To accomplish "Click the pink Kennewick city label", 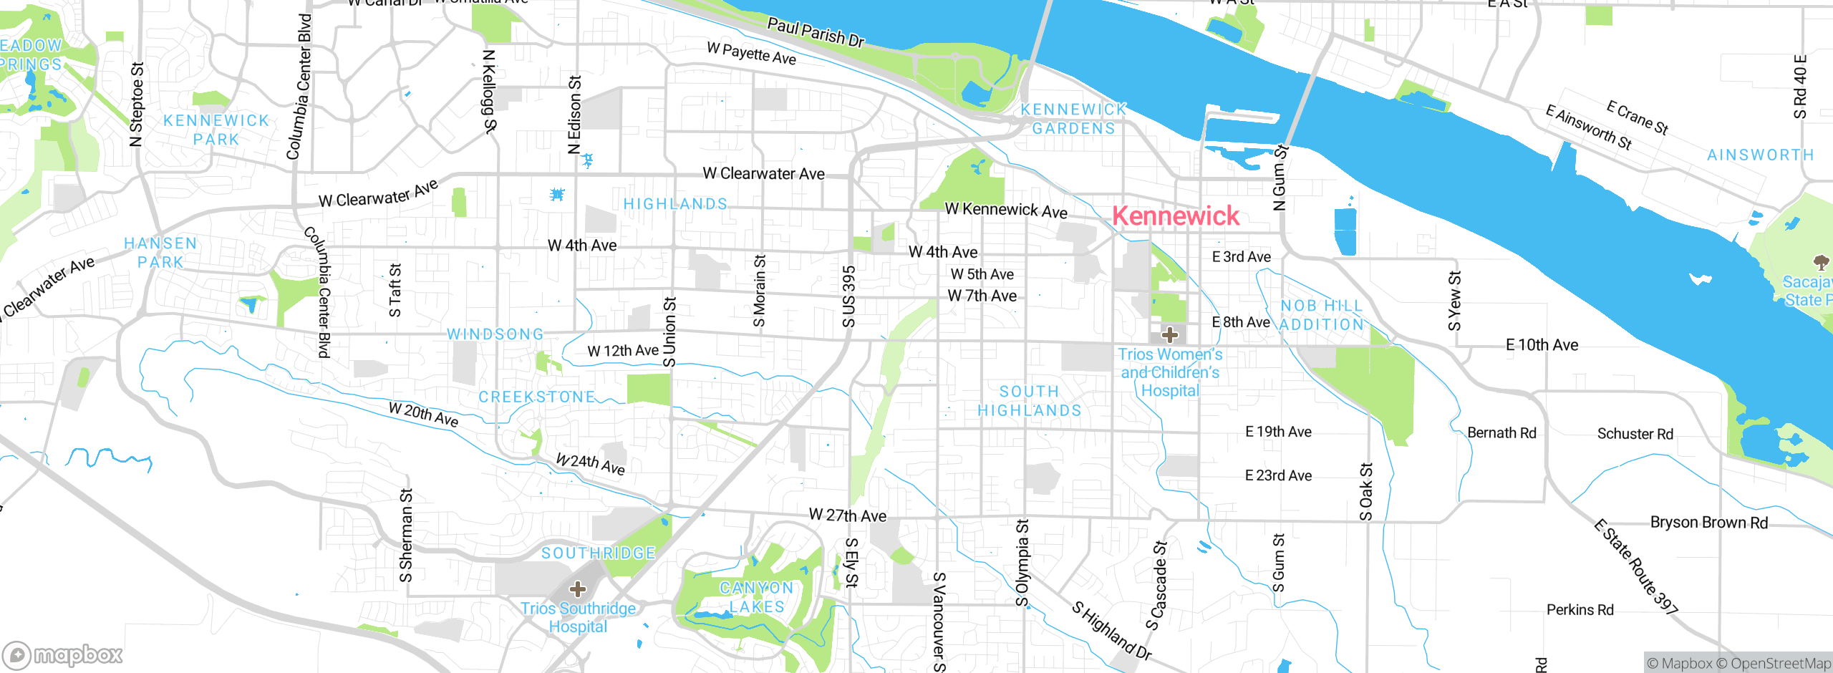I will [1175, 216].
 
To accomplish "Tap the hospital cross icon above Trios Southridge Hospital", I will [578, 589].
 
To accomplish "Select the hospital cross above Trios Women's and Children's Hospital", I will [1169, 334].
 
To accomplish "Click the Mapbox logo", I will [63, 654].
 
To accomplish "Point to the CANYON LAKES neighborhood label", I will [757, 597].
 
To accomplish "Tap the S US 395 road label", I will [848, 296].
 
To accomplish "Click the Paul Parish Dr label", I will [816, 32].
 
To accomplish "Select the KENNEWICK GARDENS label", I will [1073, 119].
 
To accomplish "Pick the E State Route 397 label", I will [1635, 566].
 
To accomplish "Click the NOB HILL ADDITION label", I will [1322, 315].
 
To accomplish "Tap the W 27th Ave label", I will [847, 515].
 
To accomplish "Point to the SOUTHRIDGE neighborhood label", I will [598, 553].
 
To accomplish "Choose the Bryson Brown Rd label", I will [1708, 523].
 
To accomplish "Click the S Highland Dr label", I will [1111, 630].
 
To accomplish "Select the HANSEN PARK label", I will [160, 253].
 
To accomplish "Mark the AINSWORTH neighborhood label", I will [1760, 155].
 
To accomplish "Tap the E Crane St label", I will [1637, 117].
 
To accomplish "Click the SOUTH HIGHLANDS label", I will [1029, 401].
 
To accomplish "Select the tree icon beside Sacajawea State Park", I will [1821, 262].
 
